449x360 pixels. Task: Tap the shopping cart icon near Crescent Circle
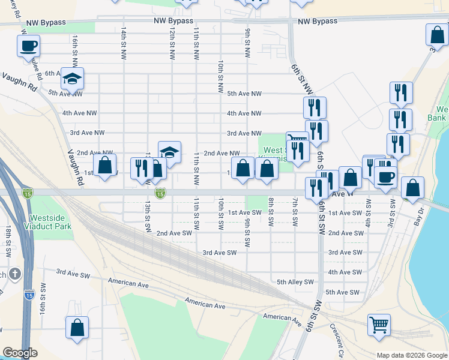tap(379, 325)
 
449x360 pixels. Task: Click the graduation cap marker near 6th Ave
tap(72, 79)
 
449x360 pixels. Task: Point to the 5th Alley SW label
tap(295, 282)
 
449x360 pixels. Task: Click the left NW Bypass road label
tap(173, 21)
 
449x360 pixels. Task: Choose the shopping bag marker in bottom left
tap(77, 328)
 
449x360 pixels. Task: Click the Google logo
tap(20, 353)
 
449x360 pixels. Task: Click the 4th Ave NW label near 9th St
tap(244, 113)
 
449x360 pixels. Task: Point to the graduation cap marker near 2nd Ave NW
tap(170, 152)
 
